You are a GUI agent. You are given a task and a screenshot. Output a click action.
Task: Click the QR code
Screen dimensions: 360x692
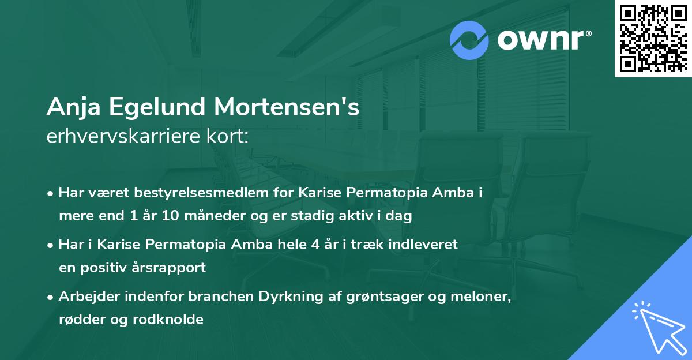tap(653, 39)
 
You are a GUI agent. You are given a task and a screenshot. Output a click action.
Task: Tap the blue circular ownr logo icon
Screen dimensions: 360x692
tap(469, 40)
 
